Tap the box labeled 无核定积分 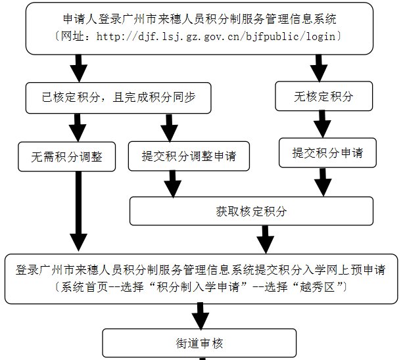(323, 97)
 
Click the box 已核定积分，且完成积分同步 (118, 97)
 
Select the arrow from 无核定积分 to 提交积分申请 (321, 124)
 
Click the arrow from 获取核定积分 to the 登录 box (264, 238)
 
